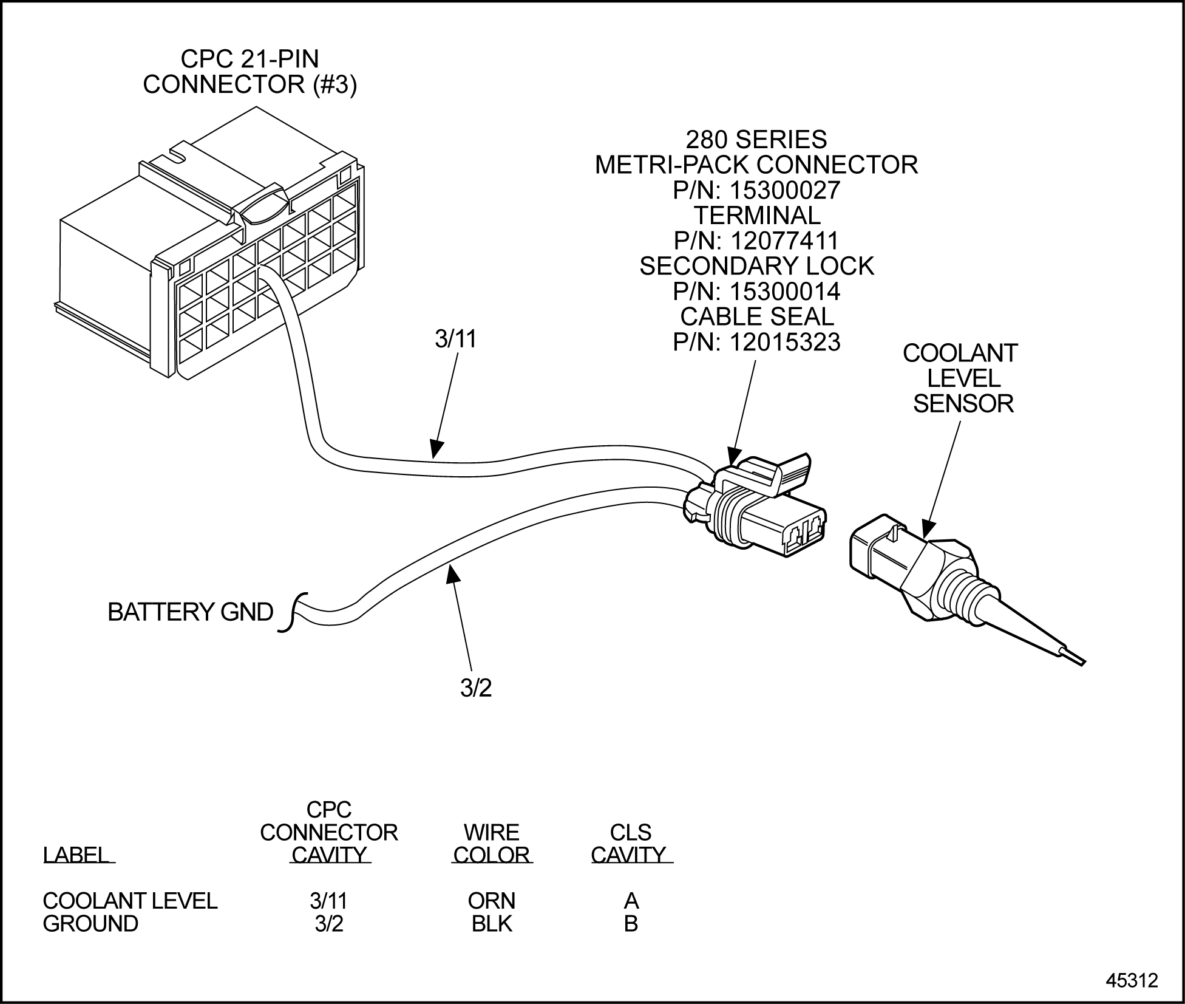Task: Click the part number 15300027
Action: point(784,190)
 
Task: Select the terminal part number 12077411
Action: point(784,241)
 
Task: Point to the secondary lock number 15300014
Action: point(784,292)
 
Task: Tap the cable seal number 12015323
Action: point(784,342)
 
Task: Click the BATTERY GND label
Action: point(190,612)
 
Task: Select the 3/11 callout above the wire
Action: point(456,339)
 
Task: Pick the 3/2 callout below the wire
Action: point(476,688)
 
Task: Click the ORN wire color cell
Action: point(491,900)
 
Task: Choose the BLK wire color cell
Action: point(491,924)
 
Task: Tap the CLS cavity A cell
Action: point(631,900)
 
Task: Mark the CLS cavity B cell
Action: point(631,924)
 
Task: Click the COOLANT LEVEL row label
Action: point(130,900)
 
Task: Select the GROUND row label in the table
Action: point(90,924)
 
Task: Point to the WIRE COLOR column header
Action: point(491,844)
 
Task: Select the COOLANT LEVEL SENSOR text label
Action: point(962,378)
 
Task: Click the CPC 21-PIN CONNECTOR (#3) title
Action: point(250,72)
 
